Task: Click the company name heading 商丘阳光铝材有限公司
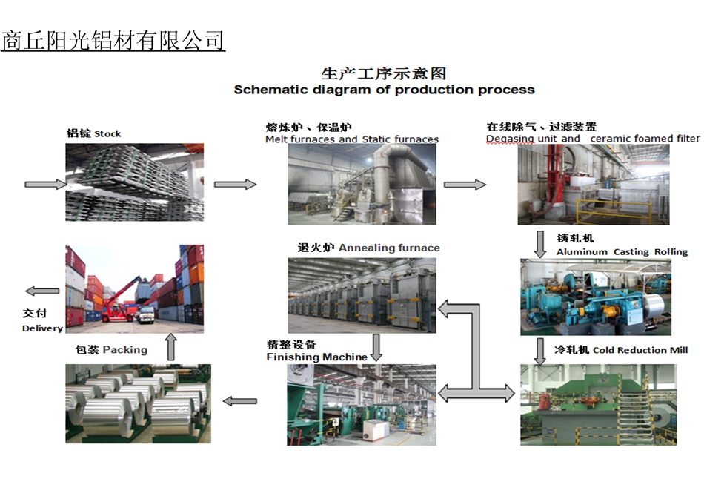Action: coord(113,41)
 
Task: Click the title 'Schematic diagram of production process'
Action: coord(385,90)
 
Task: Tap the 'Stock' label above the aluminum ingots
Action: coord(107,134)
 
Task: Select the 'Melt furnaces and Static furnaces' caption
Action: coord(352,139)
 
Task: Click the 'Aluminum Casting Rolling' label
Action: coord(622,251)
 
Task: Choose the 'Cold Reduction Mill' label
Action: coord(640,350)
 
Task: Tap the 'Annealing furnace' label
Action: coord(389,248)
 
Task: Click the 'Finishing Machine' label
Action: coord(317,357)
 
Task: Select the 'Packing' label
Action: coord(124,350)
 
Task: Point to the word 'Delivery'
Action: coord(42,328)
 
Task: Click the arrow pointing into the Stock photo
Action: coord(46,184)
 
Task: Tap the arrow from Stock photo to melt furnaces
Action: coord(235,184)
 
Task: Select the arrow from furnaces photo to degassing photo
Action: coord(465,184)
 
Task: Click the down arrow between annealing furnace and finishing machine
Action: coord(376,348)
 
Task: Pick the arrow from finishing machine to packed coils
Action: coord(240,401)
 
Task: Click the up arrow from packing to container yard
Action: coord(170,346)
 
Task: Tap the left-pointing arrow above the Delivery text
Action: coord(42,291)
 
